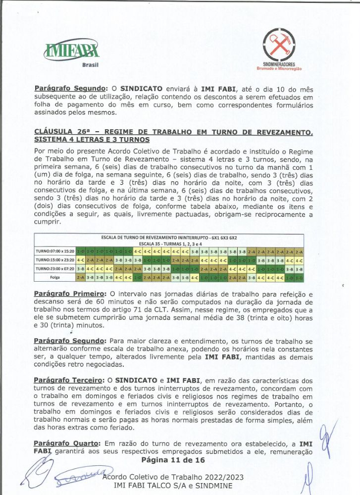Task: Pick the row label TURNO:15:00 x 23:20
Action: tap(54, 260)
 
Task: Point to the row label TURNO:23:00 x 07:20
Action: tap(54, 269)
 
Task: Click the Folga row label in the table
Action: tap(54, 278)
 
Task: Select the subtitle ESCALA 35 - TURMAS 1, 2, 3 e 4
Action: tap(168, 244)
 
